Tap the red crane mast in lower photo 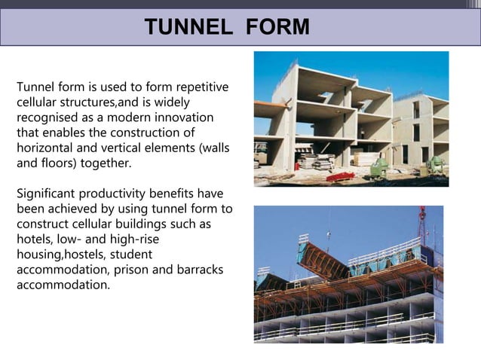coord(422,226)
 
